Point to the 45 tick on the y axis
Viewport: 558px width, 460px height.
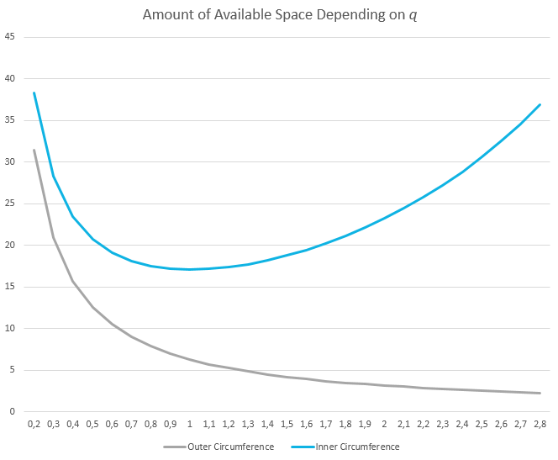click(11, 37)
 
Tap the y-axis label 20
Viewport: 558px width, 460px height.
click(11, 246)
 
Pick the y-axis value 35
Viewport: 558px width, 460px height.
click(11, 120)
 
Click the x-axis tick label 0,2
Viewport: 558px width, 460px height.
click(34, 424)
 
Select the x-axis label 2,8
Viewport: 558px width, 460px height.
click(540, 424)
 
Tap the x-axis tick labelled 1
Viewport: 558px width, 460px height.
click(190, 424)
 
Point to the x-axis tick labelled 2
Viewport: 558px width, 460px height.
click(384, 424)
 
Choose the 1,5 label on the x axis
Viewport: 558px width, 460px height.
click(287, 424)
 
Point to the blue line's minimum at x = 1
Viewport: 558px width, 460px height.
click(190, 269)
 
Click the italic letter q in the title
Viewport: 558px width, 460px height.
click(412, 16)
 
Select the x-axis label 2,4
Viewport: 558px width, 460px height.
click(461, 424)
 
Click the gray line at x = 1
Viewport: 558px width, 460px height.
click(190, 359)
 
